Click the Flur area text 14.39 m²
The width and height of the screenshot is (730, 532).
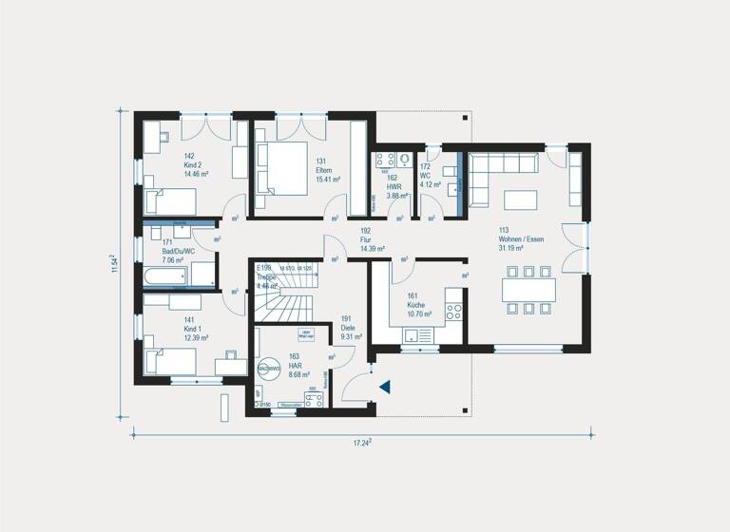372,249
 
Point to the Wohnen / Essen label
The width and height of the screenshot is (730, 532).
521,238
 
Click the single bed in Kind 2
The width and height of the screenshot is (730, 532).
170,200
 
